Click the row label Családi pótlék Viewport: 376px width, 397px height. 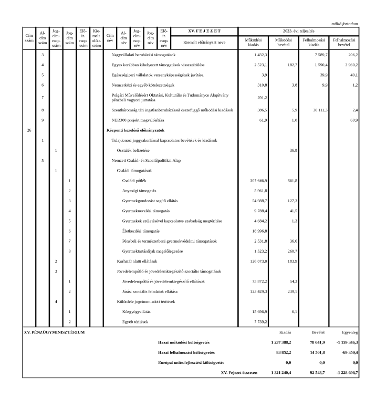(x=134, y=180)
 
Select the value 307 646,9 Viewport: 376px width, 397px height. (x=257, y=180)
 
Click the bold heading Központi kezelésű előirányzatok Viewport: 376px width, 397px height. (x=136, y=130)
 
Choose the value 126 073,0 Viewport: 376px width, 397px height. (x=257, y=261)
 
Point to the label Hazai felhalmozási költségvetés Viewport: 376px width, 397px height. (x=186, y=352)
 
